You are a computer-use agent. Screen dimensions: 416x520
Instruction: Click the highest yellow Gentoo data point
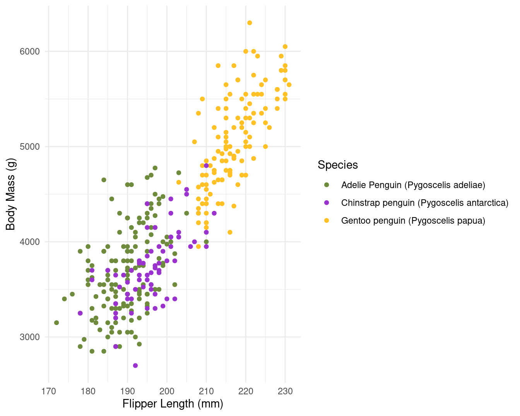[250, 23]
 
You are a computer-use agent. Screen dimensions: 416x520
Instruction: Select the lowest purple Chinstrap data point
[135, 365]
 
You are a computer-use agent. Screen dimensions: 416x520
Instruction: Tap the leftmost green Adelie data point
[56, 323]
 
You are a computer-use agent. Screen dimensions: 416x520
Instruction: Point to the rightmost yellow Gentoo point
[289, 85]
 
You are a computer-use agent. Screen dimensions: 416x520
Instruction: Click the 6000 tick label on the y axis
[30, 51]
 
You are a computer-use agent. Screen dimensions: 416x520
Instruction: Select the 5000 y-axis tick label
[30, 147]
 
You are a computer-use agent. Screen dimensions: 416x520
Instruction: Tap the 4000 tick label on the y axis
[30, 242]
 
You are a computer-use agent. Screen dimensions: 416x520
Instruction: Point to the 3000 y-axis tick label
[30, 337]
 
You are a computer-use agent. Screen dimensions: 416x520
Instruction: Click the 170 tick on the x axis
[49, 391]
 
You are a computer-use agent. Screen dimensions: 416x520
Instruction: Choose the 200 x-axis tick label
[167, 391]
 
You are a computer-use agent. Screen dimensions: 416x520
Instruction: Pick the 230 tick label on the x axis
[285, 391]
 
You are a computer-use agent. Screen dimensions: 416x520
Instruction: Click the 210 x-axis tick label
[206, 391]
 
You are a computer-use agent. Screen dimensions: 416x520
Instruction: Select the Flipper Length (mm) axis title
[173, 404]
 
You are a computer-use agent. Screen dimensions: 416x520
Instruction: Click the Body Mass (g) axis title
[11, 194]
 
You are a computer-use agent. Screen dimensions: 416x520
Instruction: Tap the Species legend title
[338, 165]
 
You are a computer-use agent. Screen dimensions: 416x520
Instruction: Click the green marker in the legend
[327, 185]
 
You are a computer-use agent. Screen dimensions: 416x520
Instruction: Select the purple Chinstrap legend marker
[327, 203]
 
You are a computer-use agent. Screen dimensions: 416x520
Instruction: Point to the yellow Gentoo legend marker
[327, 221]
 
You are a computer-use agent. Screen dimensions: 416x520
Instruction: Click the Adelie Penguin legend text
[413, 185]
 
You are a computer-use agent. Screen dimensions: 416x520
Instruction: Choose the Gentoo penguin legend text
[413, 221]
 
